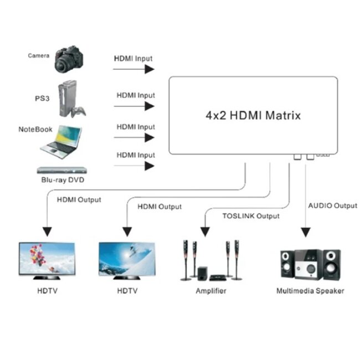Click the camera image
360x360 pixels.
pyautogui.click(x=69, y=59)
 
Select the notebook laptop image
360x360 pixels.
pyautogui.click(x=61, y=140)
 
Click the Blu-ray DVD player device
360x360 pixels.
pyautogui.click(x=62, y=171)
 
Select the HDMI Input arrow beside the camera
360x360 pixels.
pyautogui.click(x=133, y=69)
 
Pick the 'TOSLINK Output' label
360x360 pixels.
pyautogui.click(x=251, y=216)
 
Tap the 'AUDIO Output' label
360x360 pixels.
pyautogui.click(x=332, y=205)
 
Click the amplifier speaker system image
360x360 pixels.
pyautogui.click(x=210, y=260)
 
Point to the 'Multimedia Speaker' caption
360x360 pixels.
pyautogui.click(x=310, y=290)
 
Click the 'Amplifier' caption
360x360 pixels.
pyautogui.click(x=211, y=290)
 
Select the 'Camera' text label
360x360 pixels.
pyautogui.click(x=39, y=55)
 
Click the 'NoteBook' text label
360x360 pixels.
pyautogui.click(x=35, y=129)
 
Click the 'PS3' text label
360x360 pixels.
pyautogui.click(x=42, y=98)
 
